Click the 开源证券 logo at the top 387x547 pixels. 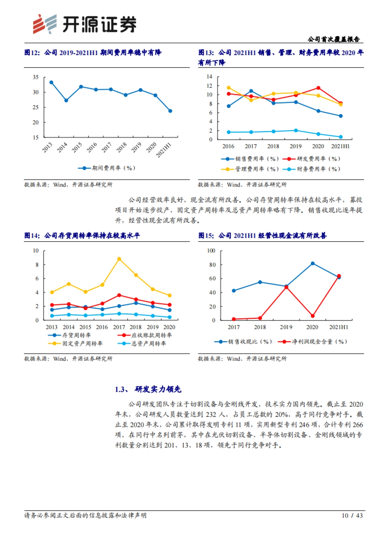point(84,24)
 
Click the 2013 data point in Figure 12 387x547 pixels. point(51,82)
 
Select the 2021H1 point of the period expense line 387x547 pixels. point(170,111)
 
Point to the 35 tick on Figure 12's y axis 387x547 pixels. point(35,77)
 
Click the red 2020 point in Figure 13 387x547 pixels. point(318,88)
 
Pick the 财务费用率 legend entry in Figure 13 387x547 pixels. point(312,169)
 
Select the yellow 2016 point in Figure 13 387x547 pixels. point(229,88)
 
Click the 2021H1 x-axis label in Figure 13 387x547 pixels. point(340,146)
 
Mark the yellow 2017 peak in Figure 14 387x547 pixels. point(119,259)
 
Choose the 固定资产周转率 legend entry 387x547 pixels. point(76,343)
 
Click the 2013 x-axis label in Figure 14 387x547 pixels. point(52,327)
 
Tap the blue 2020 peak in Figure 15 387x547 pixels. point(313,264)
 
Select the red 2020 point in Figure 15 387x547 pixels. point(313,316)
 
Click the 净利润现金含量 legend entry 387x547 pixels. point(314,341)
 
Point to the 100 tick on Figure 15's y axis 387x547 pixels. point(211,251)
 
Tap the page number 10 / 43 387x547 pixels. point(352,515)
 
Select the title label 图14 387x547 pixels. point(32,235)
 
